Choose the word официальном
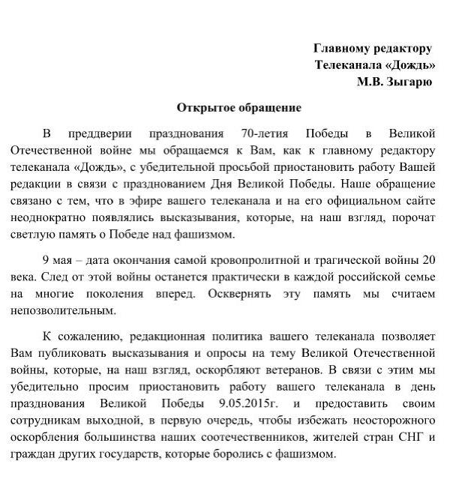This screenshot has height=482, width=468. click(x=348, y=201)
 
